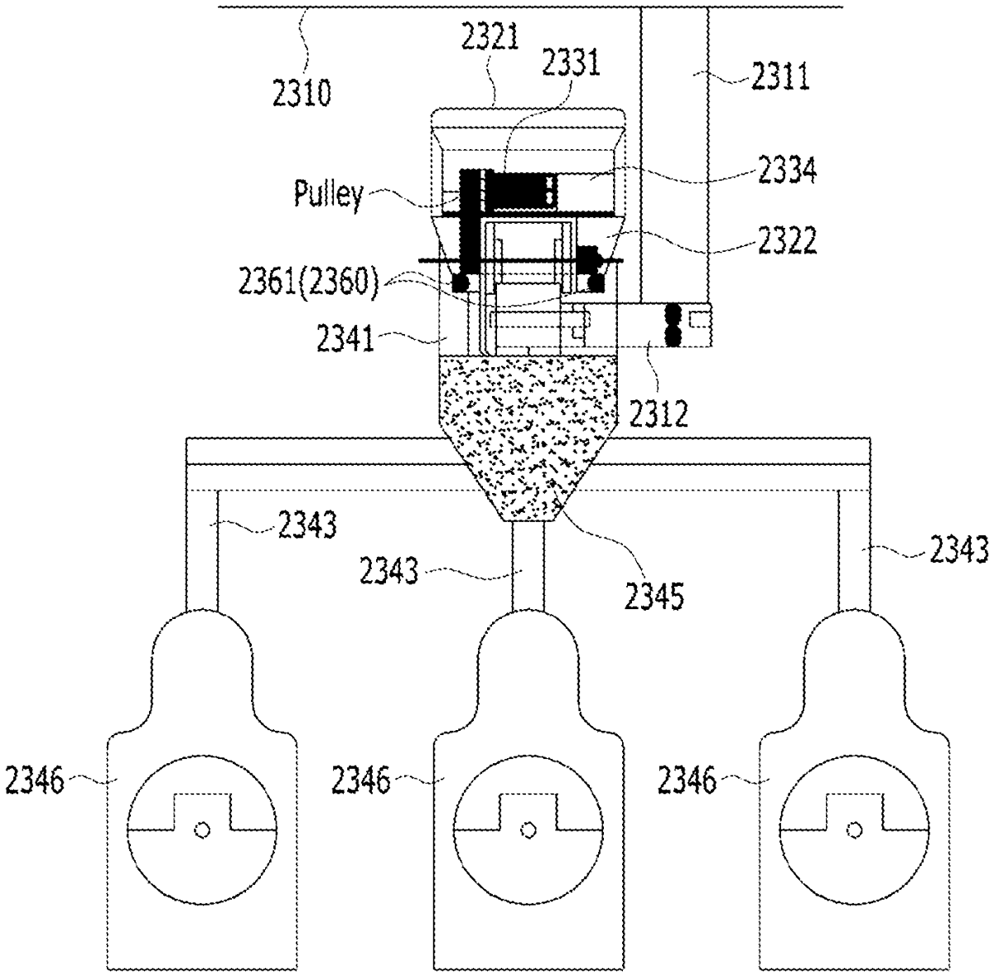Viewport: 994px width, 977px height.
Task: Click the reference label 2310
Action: pos(302,94)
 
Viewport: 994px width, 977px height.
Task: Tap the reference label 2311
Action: pos(779,79)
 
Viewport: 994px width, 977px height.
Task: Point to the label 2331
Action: pos(572,62)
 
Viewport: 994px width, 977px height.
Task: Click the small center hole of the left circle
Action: pos(200,829)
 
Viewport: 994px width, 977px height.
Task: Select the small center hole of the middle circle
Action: pos(525,829)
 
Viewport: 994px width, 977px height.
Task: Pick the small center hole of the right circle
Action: pos(852,829)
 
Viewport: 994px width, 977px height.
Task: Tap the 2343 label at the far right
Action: pos(958,548)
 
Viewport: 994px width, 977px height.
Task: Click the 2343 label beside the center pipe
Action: pos(389,572)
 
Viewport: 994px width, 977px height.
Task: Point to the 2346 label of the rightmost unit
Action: pos(687,780)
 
